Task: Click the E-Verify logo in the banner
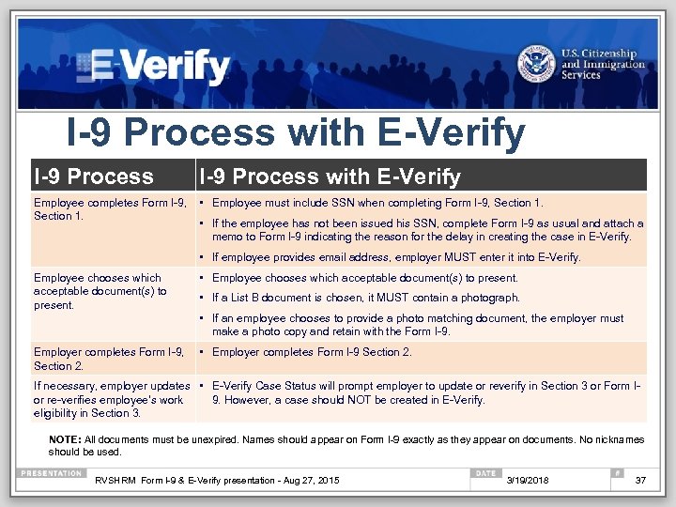pos(154,66)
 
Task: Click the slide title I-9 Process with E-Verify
pos(295,133)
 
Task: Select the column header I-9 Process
pos(93,177)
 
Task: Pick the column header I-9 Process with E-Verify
pos(328,177)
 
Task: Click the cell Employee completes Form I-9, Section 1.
pos(109,209)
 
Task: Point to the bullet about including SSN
pos(377,203)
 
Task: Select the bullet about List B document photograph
pos(365,298)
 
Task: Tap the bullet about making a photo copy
pos(417,325)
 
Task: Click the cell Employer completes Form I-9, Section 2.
pos(109,359)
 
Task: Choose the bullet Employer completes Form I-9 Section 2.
pos(312,352)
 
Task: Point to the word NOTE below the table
pos(64,439)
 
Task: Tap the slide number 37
pos(641,481)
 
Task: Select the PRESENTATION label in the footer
pos(52,472)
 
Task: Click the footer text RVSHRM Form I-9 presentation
pos(217,481)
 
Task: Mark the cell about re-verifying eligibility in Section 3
pos(111,400)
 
